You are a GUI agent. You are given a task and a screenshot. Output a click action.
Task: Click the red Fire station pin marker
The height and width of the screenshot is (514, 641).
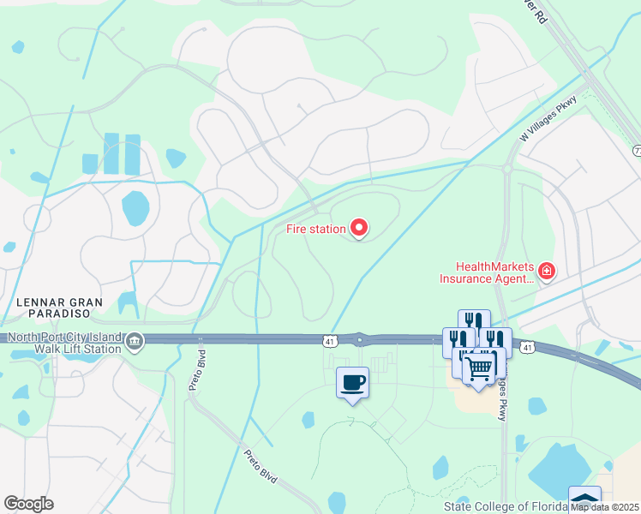coord(359,228)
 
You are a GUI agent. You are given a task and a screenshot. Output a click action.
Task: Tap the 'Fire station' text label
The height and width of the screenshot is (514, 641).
coord(316,229)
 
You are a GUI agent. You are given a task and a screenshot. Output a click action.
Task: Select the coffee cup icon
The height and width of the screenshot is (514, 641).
coord(351,382)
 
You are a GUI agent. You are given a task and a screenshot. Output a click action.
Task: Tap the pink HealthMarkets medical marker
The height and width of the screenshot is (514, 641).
coord(546,272)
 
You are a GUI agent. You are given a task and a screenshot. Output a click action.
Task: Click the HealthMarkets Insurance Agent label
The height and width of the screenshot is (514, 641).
coord(486,272)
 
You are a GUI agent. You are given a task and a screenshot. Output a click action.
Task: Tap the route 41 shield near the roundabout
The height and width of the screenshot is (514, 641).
coord(329,341)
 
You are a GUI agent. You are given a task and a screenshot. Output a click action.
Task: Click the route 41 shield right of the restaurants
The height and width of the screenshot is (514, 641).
coord(527,347)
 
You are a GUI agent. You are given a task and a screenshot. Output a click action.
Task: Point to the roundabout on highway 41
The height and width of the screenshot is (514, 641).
coord(360,340)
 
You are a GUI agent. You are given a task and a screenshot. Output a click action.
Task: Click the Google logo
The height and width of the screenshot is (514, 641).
coord(28,504)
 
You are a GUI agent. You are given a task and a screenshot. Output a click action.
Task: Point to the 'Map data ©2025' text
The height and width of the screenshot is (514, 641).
coord(605,506)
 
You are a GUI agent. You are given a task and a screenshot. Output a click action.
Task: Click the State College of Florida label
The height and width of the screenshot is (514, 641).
coord(506,506)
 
